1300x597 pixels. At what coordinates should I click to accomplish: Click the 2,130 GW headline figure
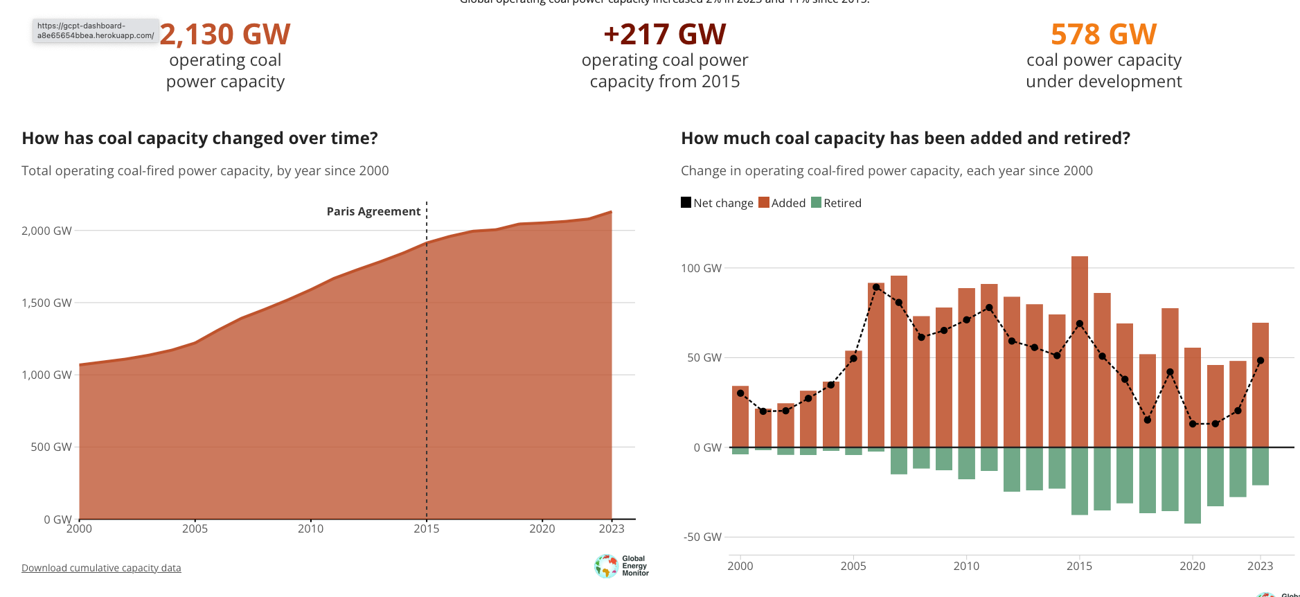(225, 35)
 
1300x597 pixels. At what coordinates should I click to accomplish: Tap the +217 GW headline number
(664, 35)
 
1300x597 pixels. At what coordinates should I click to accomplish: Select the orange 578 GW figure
(1103, 35)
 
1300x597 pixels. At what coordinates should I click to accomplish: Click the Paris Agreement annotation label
(373, 211)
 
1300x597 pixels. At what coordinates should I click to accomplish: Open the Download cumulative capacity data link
(101, 568)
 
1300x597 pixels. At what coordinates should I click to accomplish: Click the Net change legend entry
(717, 203)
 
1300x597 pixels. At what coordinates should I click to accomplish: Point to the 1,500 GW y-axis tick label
(46, 303)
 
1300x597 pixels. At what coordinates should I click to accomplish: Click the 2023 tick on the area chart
(611, 528)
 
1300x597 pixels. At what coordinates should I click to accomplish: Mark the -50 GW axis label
(702, 537)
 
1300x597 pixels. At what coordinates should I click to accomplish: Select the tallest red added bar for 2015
(1079, 346)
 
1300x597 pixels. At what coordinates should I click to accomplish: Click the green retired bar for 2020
(1192, 485)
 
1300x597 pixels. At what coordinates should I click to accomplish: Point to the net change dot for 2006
(876, 287)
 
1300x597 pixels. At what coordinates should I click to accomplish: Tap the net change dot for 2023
(1260, 361)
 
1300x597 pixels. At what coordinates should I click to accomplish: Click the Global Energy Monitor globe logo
(607, 566)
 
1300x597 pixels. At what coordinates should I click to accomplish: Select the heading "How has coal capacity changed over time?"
(199, 139)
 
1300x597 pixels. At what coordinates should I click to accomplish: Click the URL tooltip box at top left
(96, 30)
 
